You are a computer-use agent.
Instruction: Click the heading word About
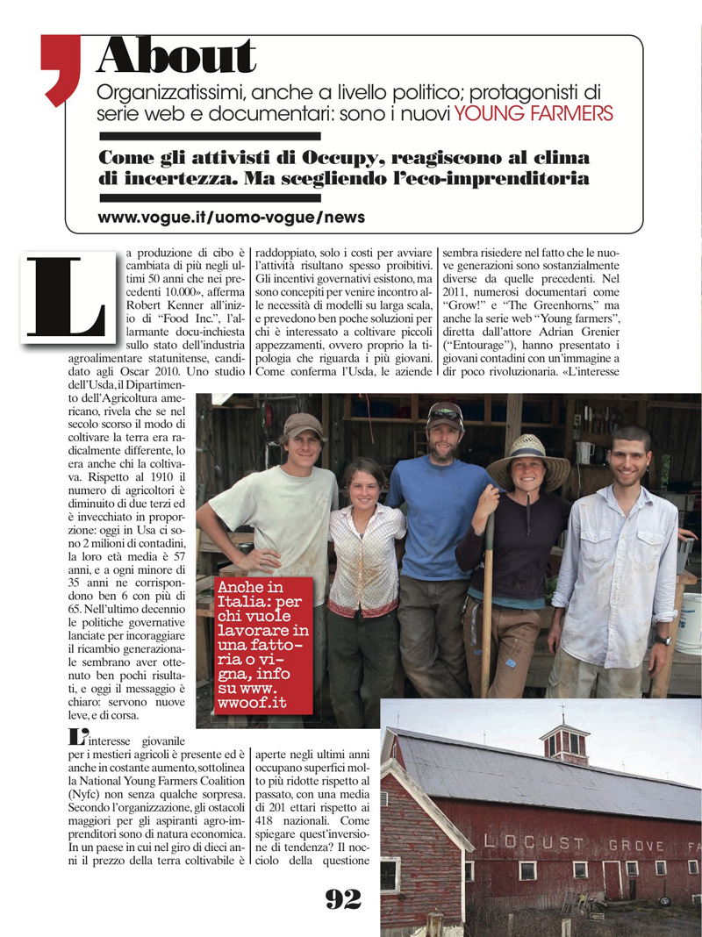176,58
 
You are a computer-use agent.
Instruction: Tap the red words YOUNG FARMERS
534,113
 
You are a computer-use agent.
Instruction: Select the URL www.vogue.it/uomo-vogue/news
232,217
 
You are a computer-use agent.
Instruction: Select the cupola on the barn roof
563,740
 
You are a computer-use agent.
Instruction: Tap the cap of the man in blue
445,412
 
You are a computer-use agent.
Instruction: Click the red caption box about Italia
264,643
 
